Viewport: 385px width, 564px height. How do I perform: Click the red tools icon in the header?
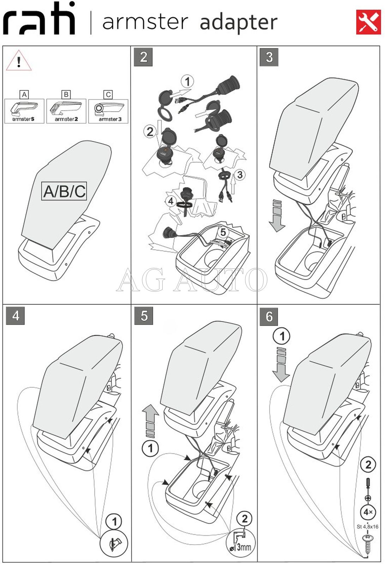pos(368,22)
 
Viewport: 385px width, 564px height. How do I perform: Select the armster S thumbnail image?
pos(24,111)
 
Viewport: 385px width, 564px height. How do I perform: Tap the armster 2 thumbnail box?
pos(66,111)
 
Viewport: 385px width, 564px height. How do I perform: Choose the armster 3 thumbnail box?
pos(108,111)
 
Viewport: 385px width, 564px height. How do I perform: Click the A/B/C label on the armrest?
pos(64,191)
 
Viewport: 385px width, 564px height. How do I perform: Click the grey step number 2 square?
pos(143,57)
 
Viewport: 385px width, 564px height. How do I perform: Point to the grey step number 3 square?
pos(269,57)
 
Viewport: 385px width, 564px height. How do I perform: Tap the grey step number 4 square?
pos(16,315)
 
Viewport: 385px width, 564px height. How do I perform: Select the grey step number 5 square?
pos(144,315)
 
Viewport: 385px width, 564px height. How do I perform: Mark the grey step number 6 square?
pos(269,316)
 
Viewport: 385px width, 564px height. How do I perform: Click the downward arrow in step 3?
pos(277,216)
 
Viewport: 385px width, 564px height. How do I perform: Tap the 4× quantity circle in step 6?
pos(368,512)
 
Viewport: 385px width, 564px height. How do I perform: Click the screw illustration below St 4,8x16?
pos(367,544)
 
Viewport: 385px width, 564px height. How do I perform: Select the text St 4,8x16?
pos(367,527)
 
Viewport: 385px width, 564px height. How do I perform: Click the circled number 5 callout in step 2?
pos(223,232)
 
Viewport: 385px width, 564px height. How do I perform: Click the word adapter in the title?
pos(239,22)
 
